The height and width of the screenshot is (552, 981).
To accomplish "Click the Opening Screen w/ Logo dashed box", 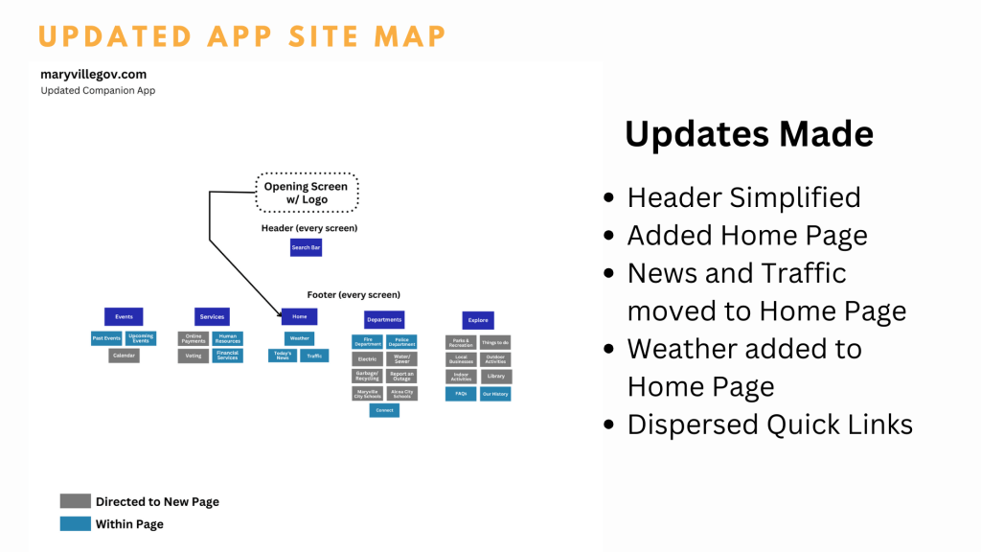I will tap(307, 193).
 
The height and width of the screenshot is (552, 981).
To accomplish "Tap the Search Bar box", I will tap(307, 247).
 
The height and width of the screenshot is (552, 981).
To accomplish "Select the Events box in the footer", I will tap(124, 316).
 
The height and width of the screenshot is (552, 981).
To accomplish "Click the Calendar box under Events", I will tap(124, 356).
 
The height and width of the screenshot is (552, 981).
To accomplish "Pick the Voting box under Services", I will tap(193, 356).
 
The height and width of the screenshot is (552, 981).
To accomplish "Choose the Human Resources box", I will tap(227, 338).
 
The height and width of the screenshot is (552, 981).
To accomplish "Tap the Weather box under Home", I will tap(299, 338).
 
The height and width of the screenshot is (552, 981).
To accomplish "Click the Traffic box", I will tap(315, 356).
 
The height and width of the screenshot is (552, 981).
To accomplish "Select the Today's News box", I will tap(282, 356).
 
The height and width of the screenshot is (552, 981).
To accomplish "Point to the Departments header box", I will tap(384, 319).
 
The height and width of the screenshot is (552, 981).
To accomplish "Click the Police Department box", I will tap(401, 341).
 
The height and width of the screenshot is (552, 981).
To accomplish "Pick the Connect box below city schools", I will tap(384, 410).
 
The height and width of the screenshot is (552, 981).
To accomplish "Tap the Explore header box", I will tap(477, 320).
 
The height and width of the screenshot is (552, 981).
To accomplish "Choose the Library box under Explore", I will tap(495, 376).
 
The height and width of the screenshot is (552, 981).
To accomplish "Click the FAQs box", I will tap(461, 394).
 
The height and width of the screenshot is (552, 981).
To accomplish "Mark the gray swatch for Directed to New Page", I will tap(75, 501).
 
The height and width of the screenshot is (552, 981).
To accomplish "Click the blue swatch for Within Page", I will tap(75, 524).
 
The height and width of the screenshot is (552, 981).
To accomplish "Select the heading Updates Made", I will tap(748, 133).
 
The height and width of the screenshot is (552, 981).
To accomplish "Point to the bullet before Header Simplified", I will tap(609, 198).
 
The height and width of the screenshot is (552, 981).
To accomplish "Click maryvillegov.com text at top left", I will tap(93, 74).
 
